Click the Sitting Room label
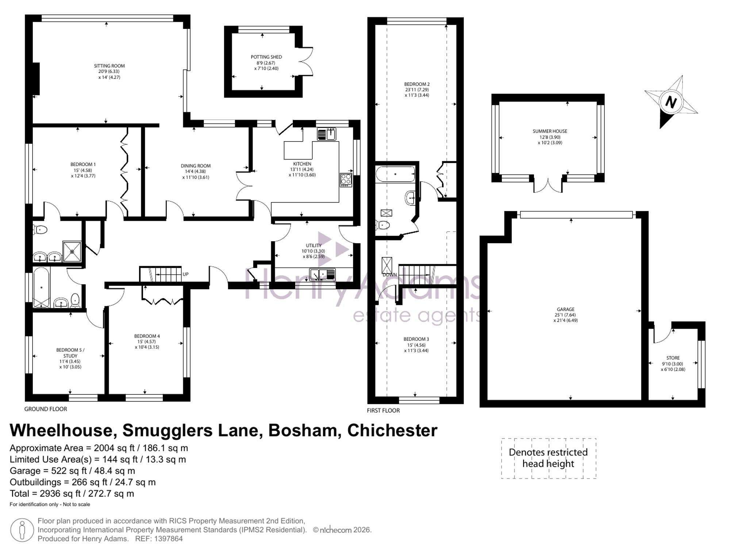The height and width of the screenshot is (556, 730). (109, 66)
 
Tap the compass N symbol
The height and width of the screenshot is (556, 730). (671, 102)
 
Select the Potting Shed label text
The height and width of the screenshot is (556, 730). (266, 57)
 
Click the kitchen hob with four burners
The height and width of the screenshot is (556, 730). (346, 180)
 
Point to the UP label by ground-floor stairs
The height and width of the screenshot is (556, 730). (185, 274)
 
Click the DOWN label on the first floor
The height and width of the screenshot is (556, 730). (389, 275)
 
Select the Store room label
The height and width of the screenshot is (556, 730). (673, 358)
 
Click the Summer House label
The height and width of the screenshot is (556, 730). (550, 131)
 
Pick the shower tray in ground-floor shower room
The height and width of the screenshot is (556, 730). (72, 251)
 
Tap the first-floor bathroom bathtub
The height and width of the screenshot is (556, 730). (395, 174)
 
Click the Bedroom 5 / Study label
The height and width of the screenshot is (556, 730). (70, 353)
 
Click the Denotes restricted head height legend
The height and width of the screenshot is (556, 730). (548, 458)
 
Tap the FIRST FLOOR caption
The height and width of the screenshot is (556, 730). (383, 411)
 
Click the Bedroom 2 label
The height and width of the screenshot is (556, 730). (416, 84)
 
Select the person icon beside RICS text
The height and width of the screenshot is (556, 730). (22, 530)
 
